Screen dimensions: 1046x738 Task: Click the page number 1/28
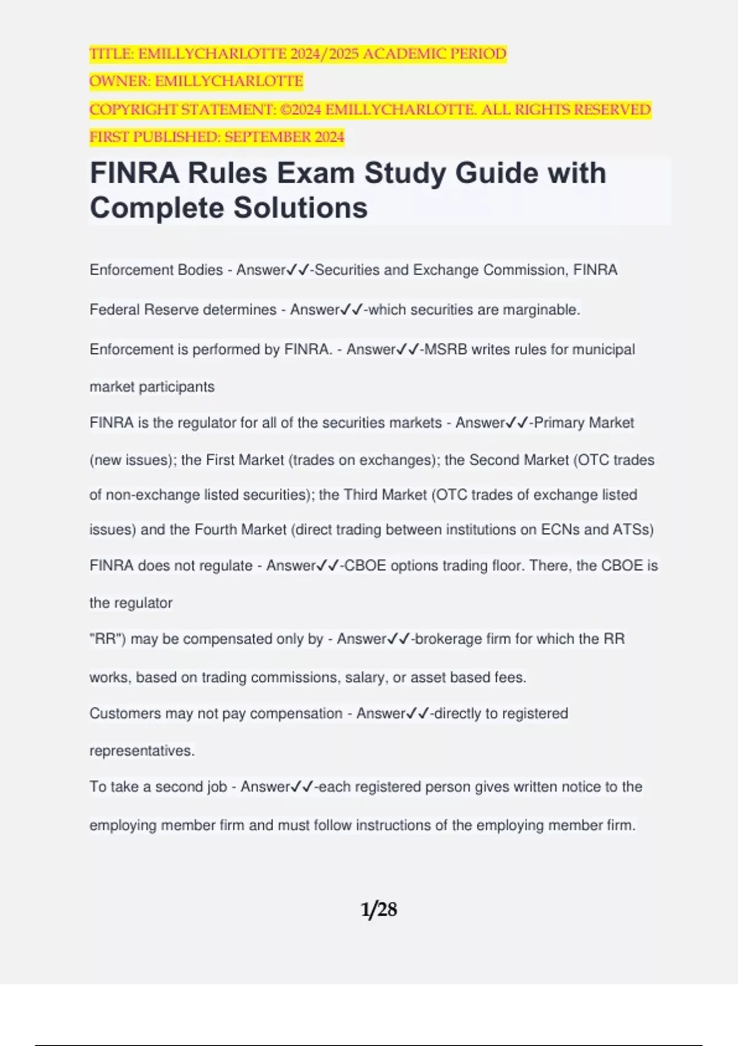click(378, 909)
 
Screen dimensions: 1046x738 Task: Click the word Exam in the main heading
click(315, 173)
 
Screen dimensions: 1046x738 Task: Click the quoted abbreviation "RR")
click(108, 639)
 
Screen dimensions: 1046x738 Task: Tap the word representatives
click(142, 751)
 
